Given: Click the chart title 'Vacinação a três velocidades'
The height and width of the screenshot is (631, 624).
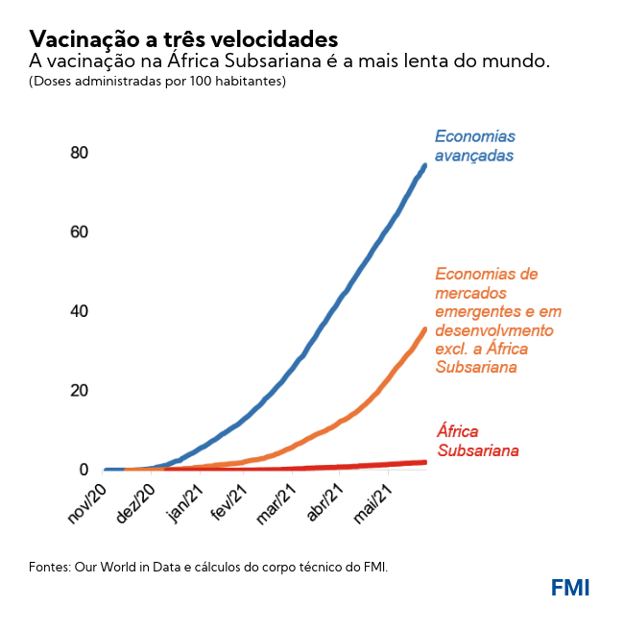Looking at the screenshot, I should point(183,38).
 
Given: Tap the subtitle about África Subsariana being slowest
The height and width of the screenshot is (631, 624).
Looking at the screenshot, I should point(289,61).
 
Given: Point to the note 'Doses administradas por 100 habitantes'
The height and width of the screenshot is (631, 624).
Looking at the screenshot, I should point(157,82).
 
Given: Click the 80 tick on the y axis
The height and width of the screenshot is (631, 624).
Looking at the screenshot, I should point(79,153).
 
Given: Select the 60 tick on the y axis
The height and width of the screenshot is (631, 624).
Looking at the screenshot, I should point(79,232).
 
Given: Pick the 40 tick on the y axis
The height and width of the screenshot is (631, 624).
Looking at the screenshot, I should point(79,311).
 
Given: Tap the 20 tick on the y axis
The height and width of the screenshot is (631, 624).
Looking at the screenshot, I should point(79,391).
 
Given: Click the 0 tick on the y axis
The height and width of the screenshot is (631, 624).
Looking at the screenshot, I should point(84,470).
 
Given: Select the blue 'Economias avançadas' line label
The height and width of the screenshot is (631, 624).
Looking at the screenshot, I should point(475,145).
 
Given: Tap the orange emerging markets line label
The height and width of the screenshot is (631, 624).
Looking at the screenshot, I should point(497,321).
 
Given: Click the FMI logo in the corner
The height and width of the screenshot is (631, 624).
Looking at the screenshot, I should point(570,588).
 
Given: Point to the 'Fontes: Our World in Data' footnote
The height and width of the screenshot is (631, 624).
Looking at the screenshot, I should point(208,567).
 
